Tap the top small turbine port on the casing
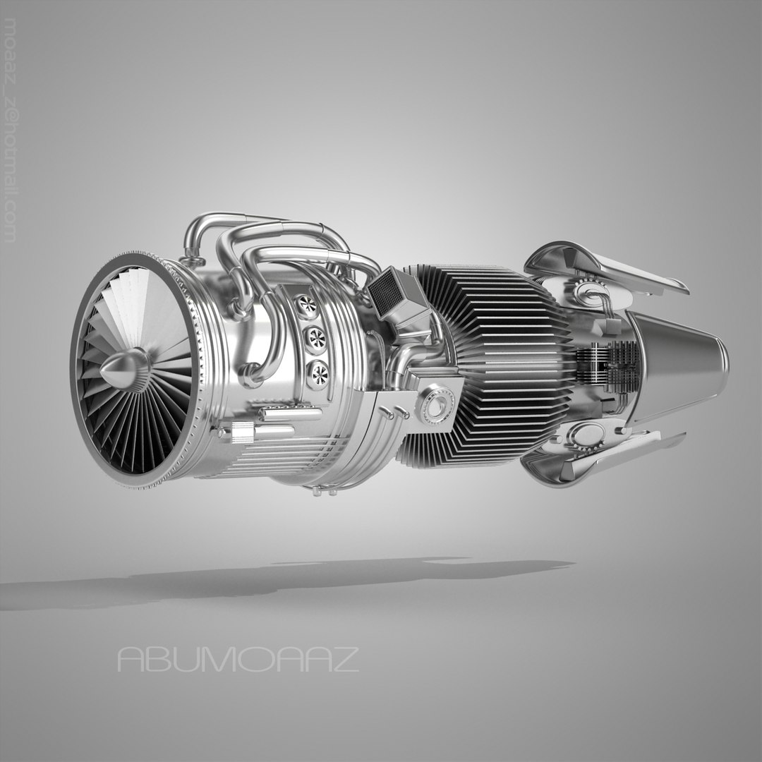pos(307,306)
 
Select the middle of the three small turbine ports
pos(314,339)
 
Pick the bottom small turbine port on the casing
pos(318,374)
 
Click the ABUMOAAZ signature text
pos(238,660)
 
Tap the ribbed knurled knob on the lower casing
pos(242,432)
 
